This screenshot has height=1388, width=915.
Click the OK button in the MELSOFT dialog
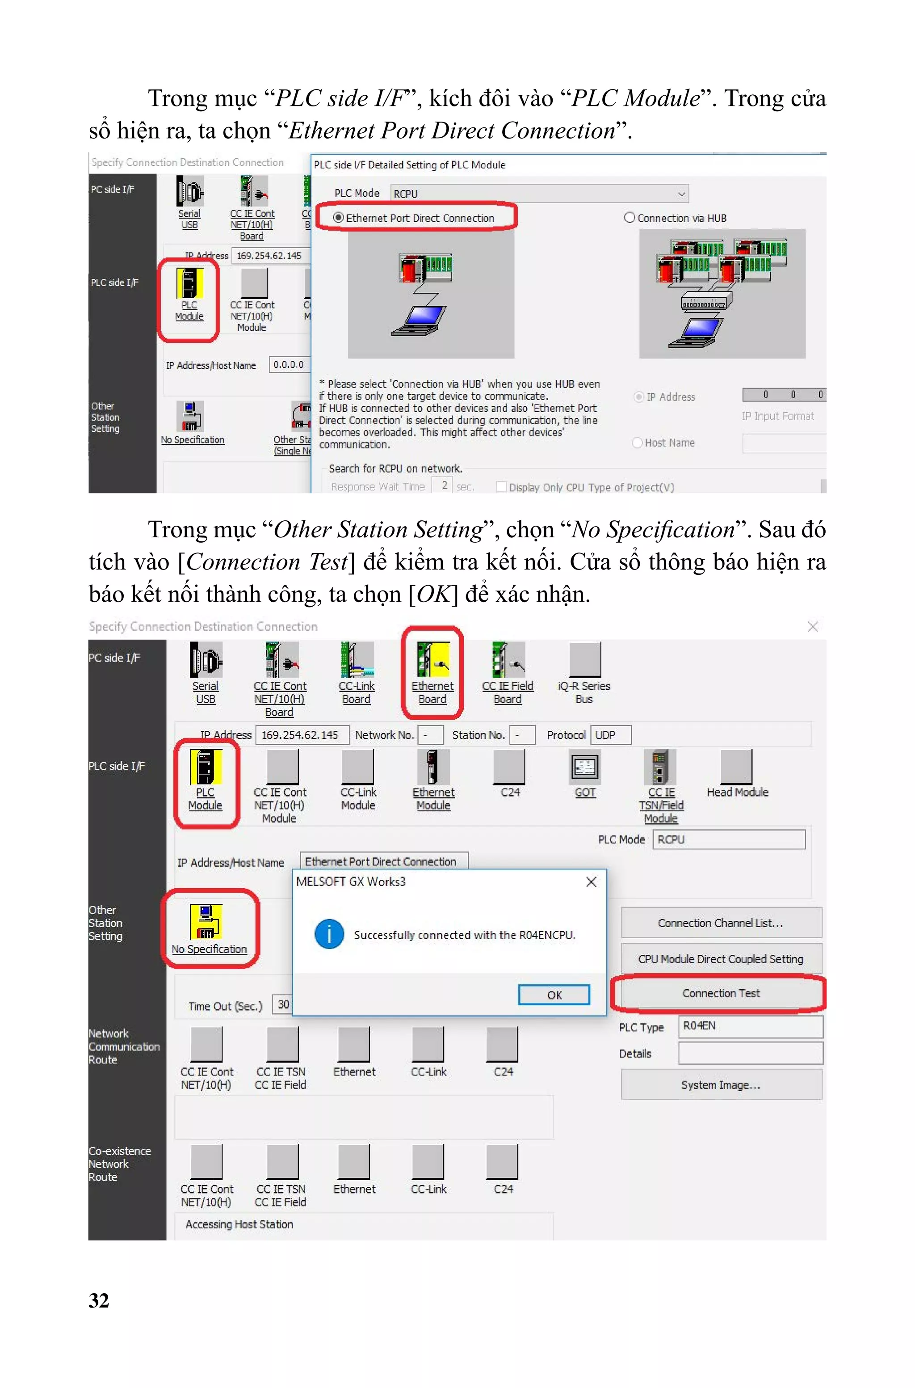pyautogui.click(x=554, y=995)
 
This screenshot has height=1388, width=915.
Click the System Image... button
pyautogui.click(x=721, y=1084)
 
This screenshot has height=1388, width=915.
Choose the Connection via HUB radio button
pyautogui.click(x=630, y=218)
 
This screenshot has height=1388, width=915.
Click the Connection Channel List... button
pyautogui.click(x=721, y=923)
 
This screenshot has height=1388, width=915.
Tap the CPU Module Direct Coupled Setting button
pyautogui.click(x=721, y=959)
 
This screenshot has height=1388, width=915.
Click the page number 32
pyautogui.click(x=99, y=1300)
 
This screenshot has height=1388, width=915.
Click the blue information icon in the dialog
pyautogui.click(x=329, y=934)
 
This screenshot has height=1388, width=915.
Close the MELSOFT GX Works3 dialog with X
pyautogui.click(x=591, y=882)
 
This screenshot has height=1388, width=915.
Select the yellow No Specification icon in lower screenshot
pyautogui.click(x=206, y=921)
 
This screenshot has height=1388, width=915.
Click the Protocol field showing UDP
pyautogui.click(x=610, y=735)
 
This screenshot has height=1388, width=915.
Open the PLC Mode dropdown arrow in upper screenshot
pyautogui.click(x=681, y=194)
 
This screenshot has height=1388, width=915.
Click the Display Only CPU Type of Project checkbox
pyautogui.click(x=501, y=487)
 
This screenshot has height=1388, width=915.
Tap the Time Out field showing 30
pyautogui.click(x=283, y=1004)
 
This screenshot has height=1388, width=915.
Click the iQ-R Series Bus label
pyautogui.click(x=584, y=692)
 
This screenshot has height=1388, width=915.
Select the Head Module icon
pyautogui.click(x=736, y=768)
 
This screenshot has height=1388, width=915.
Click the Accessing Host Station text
pyautogui.click(x=239, y=1224)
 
